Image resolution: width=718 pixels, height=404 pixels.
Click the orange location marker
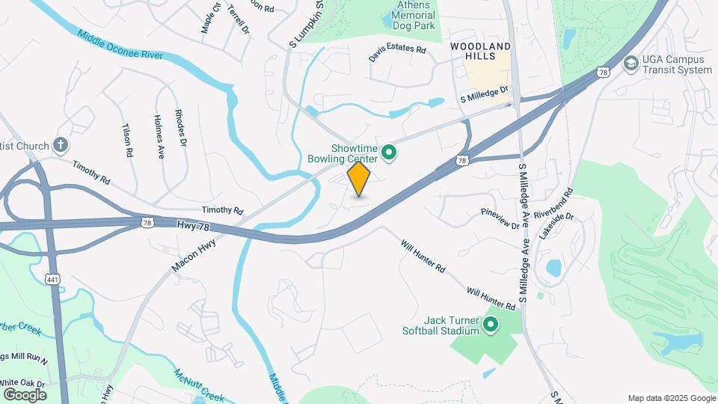(359, 179)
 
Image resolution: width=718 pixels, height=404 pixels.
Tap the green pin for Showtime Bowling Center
(389, 153)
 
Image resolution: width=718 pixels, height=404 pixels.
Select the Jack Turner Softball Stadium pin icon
(491, 325)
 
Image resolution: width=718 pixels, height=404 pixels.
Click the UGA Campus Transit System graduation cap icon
(630, 64)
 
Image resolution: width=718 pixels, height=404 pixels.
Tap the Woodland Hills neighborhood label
(479, 52)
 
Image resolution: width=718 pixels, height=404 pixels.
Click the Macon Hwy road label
(194, 255)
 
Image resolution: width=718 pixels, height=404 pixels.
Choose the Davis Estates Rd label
(396, 54)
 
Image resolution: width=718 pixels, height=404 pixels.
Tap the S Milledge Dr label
(484, 94)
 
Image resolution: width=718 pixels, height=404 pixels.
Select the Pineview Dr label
(500, 218)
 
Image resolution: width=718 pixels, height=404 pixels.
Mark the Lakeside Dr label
(556, 224)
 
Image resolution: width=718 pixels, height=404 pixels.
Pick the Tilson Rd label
(126, 139)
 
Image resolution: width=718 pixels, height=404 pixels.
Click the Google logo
(25, 394)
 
